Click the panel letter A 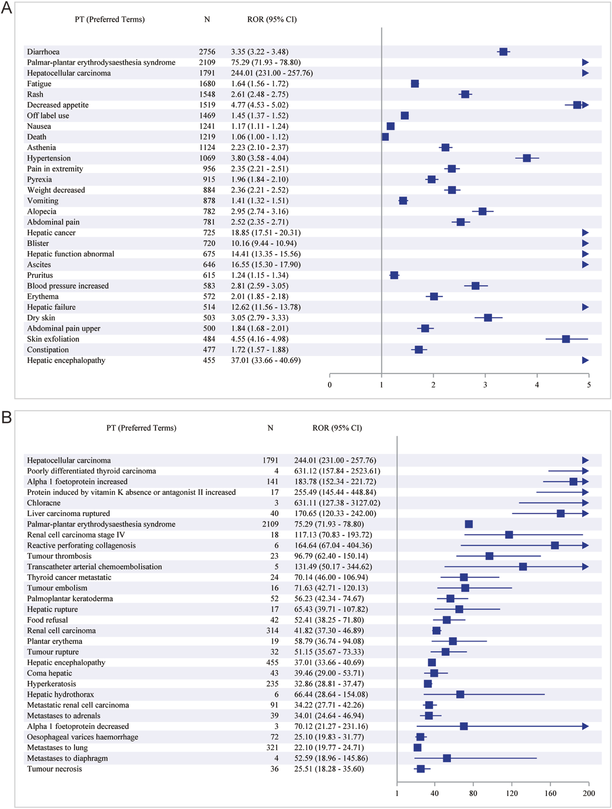6,8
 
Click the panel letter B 6,417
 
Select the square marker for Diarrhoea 503,52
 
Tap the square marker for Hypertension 527,158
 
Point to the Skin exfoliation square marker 565,339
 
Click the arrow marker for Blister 585,243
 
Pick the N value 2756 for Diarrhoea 207,52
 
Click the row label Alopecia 42,211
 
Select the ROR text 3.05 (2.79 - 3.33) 259,318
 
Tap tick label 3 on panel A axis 485,385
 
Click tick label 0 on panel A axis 330,385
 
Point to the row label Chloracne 44,503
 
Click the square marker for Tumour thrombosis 489,556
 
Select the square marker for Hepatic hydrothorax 460,694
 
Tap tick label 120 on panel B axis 512,793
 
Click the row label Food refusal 47,620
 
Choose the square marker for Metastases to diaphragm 447,758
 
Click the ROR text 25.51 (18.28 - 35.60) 329,769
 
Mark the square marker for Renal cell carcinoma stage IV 509,535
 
